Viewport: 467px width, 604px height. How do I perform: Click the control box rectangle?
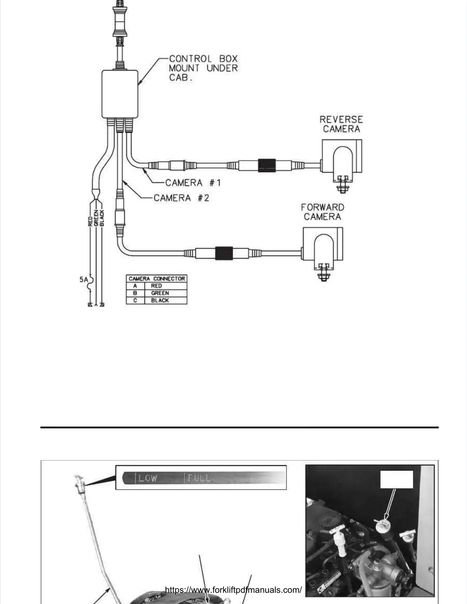point(120,94)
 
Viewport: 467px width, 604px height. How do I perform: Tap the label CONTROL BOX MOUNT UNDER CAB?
point(203,68)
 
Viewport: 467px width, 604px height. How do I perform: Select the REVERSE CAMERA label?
point(341,124)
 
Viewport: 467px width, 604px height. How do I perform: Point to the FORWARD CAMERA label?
point(323,212)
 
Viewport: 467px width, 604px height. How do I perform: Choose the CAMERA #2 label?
point(182,198)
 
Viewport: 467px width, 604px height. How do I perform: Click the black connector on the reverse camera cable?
point(267,165)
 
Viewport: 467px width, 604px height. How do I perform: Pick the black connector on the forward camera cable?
point(224,253)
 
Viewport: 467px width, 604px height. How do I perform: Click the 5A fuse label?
point(84,280)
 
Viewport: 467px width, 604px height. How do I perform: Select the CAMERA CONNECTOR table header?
point(157,279)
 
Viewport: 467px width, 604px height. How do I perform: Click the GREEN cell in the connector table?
point(160,293)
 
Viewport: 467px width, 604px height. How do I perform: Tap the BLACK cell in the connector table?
point(160,300)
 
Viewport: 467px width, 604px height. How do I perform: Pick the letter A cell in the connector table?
point(135,286)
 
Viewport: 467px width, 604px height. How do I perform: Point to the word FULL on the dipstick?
point(199,478)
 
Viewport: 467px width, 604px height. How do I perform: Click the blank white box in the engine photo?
point(397,479)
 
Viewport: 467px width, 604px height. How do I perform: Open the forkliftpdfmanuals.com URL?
point(233,590)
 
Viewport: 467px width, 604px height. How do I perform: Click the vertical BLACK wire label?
point(102,218)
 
